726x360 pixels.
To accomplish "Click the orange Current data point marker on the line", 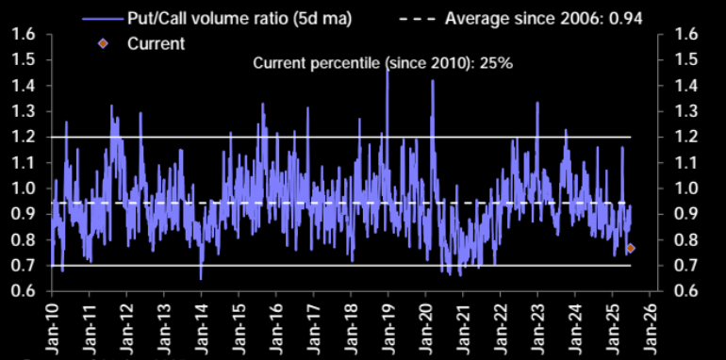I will [x=631, y=248].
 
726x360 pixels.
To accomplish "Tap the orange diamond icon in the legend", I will [x=104, y=43].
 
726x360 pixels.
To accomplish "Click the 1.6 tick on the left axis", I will [x=24, y=34].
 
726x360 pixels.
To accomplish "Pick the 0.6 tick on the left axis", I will [x=24, y=290].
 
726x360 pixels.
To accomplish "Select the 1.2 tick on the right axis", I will [x=682, y=137].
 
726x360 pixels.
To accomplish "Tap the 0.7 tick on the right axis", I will [x=682, y=265].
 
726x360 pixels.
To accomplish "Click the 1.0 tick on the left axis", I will [x=24, y=188].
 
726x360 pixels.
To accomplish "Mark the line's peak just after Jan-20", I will [x=433, y=81].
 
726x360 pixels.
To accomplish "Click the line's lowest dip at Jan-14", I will [x=201, y=278].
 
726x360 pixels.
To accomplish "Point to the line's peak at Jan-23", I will [x=536, y=103].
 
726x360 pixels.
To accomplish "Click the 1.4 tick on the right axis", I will [x=682, y=85].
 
